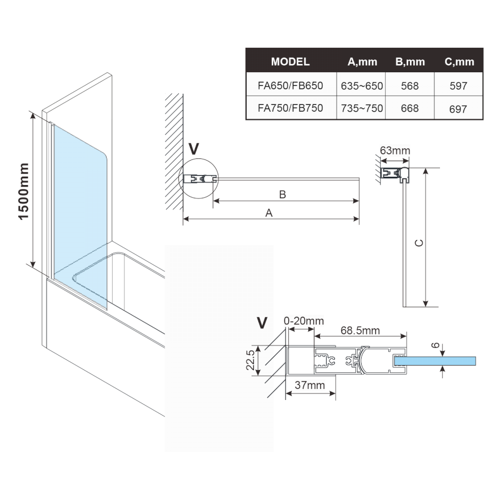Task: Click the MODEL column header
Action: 290,62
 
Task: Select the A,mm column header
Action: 362,62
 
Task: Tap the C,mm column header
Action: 459,62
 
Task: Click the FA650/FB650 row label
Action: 290,86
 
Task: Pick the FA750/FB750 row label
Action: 290,108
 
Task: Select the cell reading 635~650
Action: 362,86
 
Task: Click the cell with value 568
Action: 409,86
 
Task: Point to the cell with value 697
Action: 459,109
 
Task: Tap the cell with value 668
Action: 409,108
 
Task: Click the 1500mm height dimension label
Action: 24,192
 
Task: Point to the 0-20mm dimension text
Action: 303,321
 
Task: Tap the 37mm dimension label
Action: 311,385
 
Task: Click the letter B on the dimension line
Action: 282,194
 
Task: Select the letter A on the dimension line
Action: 269,213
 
